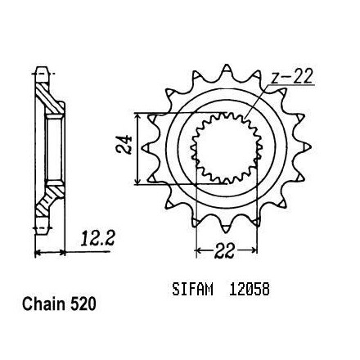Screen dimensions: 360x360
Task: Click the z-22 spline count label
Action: pyautogui.click(x=291, y=77)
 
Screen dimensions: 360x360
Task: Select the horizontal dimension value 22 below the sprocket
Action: pyautogui.click(x=224, y=250)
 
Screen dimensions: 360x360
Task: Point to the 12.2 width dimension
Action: pyautogui.click(x=97, y=238)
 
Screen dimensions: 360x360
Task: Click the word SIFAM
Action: pyautogui.click(x=192, y=290)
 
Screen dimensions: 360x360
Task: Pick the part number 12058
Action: pyautogui.click(x=250, y=290)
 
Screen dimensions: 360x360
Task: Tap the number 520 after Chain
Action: pyautogui.click(x=83, y=304)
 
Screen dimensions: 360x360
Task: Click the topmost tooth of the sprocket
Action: pyautogui.click(x=226, y=69)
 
